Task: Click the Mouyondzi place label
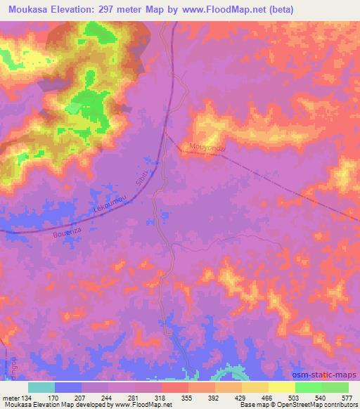(x=205, y=148)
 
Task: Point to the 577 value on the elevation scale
(x=347, y=398)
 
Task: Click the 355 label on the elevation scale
(x=187, y=398)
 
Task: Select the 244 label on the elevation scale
(x=107, y=398)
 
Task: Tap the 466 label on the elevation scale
(x=267, y=398)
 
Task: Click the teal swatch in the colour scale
(x=41, y=387)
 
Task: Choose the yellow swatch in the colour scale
(x=281, y=387)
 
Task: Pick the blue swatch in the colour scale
(x=68, y=387)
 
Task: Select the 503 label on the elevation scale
(x=294, y=398)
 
